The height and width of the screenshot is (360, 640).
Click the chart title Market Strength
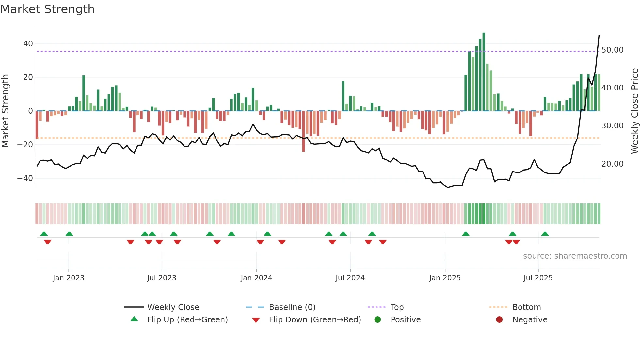(x=47, y=9)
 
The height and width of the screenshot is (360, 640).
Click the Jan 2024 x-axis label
(x=256, y=278)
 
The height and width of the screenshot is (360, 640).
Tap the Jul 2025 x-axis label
(x=538, y=278)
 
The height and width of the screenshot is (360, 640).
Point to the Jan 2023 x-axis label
(x=69, y=278)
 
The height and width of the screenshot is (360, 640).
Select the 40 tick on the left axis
(x=28, y=44)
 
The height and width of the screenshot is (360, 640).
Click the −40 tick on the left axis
(x=25, y=178)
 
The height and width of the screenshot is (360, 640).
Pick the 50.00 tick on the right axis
(x=612, y=50)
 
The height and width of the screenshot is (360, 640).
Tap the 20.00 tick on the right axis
(x=612, y=164)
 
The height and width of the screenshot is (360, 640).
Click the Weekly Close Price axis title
(x=634, y=111)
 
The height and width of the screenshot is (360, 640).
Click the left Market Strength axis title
(x=6, y=111)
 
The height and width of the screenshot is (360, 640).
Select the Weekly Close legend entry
(x=173, y=307)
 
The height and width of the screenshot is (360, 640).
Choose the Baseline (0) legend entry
(x=292, y=307)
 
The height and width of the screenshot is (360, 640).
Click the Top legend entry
(x=397, y=307)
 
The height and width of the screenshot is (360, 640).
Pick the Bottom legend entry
(x=526, y=307)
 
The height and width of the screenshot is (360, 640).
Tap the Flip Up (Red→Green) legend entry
(x=187, y=320)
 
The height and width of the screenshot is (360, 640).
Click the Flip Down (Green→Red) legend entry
(x=315, y=320)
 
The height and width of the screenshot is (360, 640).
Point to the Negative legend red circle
(x=499, y=320)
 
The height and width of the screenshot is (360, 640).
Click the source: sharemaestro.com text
(x=575, y=256)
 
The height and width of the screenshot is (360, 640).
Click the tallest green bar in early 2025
(x=484, y=72)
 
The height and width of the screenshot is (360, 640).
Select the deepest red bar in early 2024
(x=303, y=131)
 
